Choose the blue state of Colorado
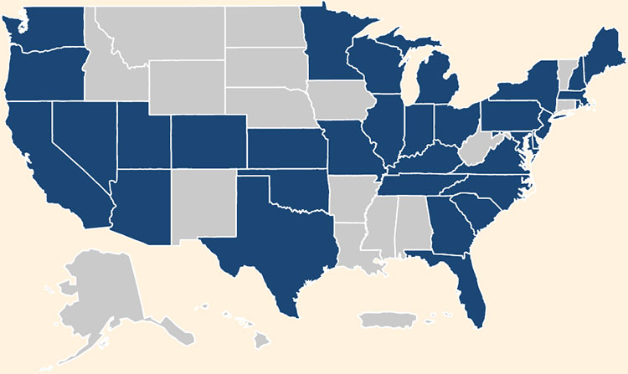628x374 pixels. (x=208, y=142)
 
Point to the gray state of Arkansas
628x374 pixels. (x=350, y=201)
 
